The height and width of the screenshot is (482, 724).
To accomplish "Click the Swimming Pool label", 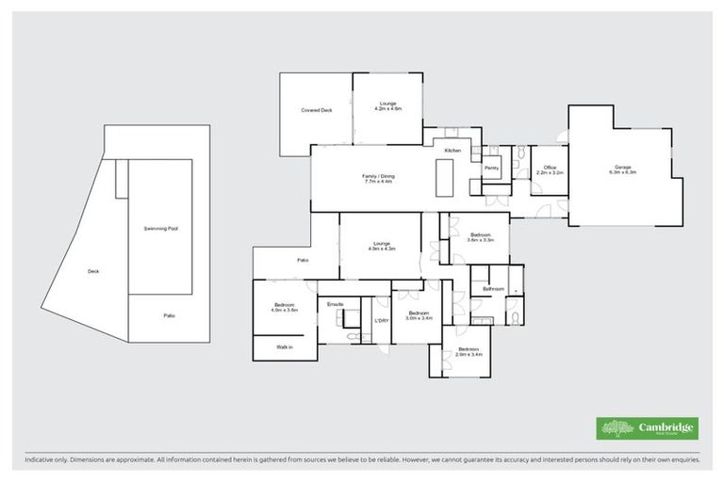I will [x=160, y=229].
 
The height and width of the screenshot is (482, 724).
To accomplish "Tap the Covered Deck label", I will [x=317, y=110].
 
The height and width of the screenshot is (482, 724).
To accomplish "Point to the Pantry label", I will [x=491, y=169].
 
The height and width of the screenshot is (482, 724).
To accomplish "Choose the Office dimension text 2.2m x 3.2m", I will [x=549, y=173].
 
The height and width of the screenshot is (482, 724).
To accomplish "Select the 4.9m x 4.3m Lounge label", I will [x=382, y=248].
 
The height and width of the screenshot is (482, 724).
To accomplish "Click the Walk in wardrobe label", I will [x=285, y=347].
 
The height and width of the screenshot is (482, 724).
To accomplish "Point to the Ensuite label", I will [x=336, y=304].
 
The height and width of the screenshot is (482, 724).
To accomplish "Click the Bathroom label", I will [x=493, y=288].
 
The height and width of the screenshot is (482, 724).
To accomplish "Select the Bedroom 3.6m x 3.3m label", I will [x=481, y=237].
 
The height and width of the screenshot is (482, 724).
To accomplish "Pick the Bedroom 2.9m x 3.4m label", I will [x=469, y=353].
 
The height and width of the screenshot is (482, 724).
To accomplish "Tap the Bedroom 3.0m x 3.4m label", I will [x=419, y=314].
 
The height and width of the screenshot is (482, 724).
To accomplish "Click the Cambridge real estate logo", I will [x=648, y=427].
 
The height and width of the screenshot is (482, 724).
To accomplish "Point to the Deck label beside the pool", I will [x=93, y=271].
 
